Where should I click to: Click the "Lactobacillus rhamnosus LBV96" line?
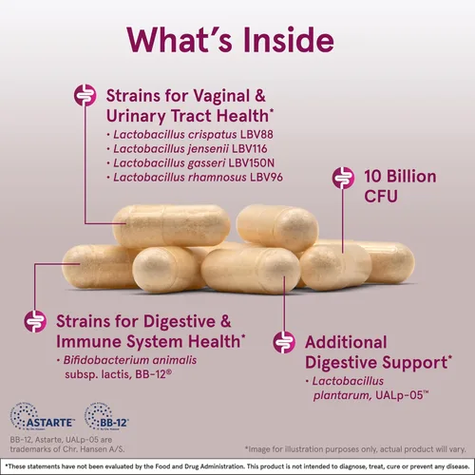pyautogui.click(x=194, y=177)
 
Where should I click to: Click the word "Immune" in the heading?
pyautogui.click(x=97, y=340)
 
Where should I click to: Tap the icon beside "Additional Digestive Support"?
pyautogui.click(x=282, y=342)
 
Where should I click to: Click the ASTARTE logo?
pyautogui.click(x=38, y=416)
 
